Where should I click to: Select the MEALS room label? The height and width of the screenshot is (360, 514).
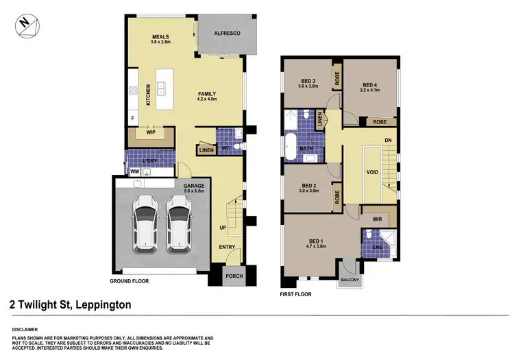pyautogui.click(x=160, y=36)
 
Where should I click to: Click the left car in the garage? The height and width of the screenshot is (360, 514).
pyautogui.click(x=145, y=223)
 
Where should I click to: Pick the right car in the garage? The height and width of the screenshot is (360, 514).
pyautogui.click(x=178, y=223)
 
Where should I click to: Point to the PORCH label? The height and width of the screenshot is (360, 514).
pyautogui.click(x=234, y=276)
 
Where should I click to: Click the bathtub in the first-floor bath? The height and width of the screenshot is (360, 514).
pyautogui.click(x=290, y=147)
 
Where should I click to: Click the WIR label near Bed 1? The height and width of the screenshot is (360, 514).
pyautogui.click(x=377, y=219)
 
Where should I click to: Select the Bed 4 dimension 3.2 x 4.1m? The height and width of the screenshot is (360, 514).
pyautogui.click(x=370, y=89)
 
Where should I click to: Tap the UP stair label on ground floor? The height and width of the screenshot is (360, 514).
pyautogui.click(x=223, y=227)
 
